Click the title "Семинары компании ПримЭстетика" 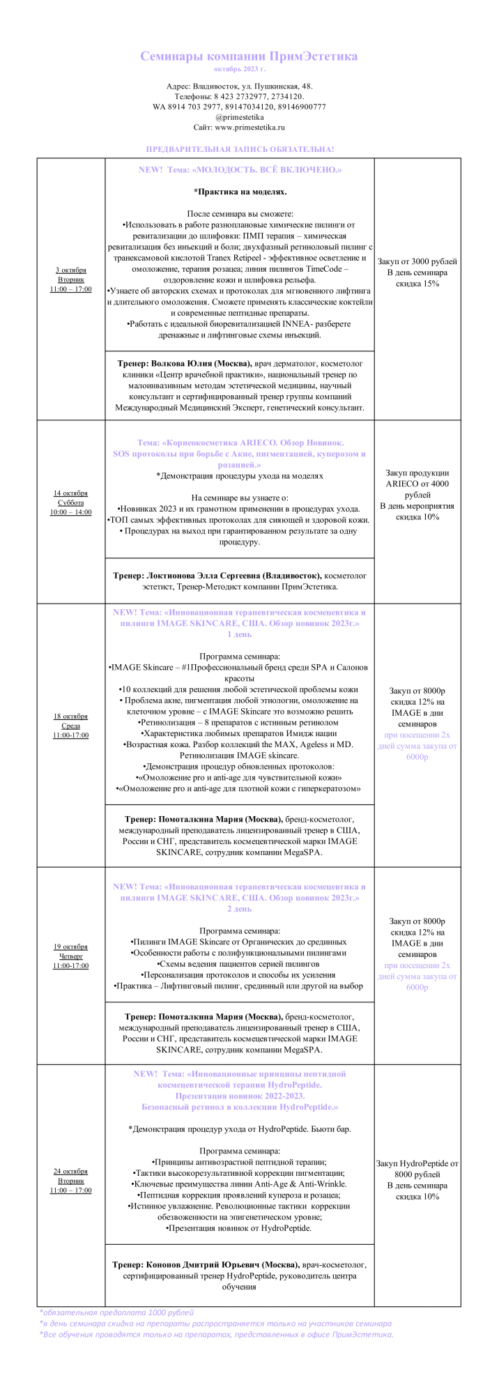(x=249, y=56)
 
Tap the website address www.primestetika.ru (x=249, y=128)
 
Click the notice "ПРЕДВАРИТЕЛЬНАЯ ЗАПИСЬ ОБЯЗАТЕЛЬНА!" (x=240, y=149)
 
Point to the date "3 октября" (x=71, y=270)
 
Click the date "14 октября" (x=71, y=493)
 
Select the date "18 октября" (x=71, y=717)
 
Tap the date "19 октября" (x=71, y=947)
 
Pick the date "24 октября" (x=71, y=1171)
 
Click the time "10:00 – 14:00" (x=71, y=512)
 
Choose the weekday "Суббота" (x=71, y=503)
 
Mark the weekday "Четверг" (x=71, y=956)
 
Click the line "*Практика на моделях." (x=240, y=191)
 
